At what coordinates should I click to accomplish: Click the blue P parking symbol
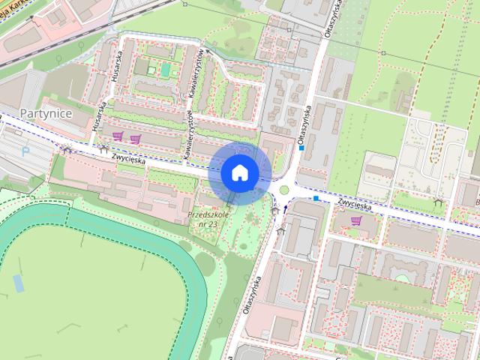pyautogui.click(x=26, y=151)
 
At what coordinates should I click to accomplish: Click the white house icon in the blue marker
pyautogui.click(x=239, y=172)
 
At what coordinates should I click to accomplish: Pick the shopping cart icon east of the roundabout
pyautogui.click(x=355, y=220)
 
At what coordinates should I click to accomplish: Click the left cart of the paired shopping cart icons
pyautogui.click(x=118, y=136)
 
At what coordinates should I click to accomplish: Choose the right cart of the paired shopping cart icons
pyautogui.click(x=135, y=138)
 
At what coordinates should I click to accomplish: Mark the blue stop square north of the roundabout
pyautogui.click(x=301, y=148)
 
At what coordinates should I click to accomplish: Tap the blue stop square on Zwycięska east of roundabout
pyautogui.click(x=317, y=199)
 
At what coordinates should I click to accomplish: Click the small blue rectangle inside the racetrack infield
pyautogui.click(x=18, y=283)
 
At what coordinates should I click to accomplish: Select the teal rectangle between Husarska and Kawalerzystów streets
pyautogui.click(x=165, y=70)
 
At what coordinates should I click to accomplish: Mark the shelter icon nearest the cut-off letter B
pyautogui.click(x=439, y=203)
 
